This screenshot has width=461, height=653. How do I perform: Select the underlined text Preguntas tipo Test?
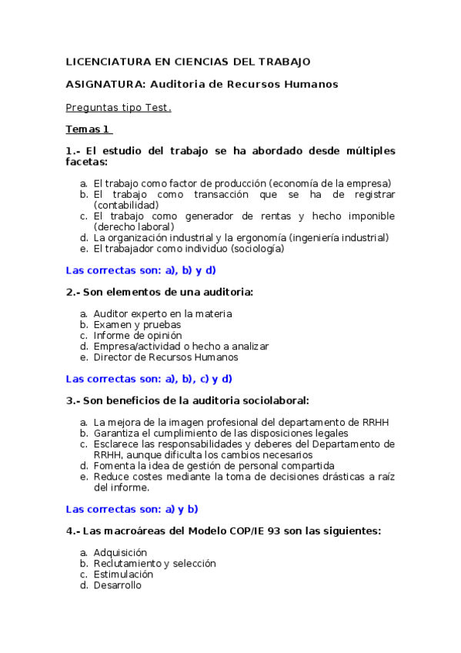[119, 107]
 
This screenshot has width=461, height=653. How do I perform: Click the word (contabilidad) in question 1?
[126, 205]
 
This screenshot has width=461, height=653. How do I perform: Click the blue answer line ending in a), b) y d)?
[141, 270]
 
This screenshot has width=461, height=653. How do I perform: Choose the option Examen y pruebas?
[137, 325]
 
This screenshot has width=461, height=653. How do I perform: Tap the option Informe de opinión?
[138, 336]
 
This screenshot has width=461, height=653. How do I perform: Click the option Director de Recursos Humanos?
[165, 357]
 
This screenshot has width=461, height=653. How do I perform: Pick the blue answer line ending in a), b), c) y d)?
[149, 379]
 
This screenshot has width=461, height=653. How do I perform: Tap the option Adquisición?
[120, 553]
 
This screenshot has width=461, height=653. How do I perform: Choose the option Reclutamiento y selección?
[155, 564]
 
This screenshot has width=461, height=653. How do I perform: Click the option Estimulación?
[123, 574]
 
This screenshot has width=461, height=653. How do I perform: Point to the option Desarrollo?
[118, 585]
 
